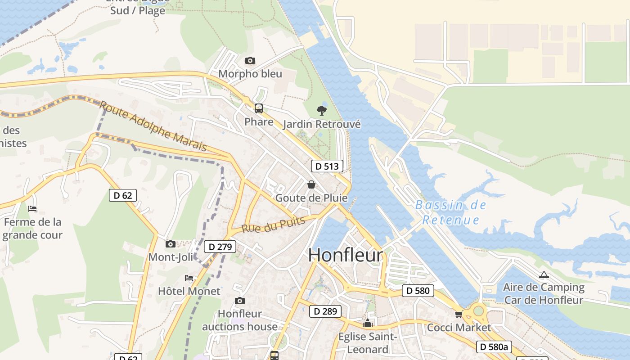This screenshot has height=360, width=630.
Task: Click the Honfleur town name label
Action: pos(346,255)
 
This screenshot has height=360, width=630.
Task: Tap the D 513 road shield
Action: pos(327,166)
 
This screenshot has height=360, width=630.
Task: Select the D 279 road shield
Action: pos(220,247)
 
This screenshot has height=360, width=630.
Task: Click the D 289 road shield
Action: pos(325,311)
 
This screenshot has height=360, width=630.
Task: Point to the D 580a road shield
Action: pos(494,346)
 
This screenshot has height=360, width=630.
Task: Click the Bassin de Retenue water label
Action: pos(450,212)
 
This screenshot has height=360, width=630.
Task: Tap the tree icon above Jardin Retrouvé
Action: pos(321,110)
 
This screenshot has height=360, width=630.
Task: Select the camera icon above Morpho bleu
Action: pos(250,60)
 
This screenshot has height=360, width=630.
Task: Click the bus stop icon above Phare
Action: pos(259,108)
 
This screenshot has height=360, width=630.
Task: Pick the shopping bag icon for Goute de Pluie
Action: pos(311,184)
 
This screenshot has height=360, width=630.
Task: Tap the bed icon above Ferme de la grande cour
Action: pos(32,209)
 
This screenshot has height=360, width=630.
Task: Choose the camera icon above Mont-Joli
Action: pos(171,244)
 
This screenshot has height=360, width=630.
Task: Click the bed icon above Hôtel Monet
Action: pos(189,278)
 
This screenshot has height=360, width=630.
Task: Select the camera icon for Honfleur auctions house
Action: pos(240,301)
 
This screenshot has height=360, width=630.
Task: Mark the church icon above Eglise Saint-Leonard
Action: pos(368,323)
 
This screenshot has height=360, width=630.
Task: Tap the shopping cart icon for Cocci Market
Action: pos(459,314)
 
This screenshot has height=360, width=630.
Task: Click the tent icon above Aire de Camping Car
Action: pos(544,274)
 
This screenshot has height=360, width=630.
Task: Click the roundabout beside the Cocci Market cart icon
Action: pos(478,310)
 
